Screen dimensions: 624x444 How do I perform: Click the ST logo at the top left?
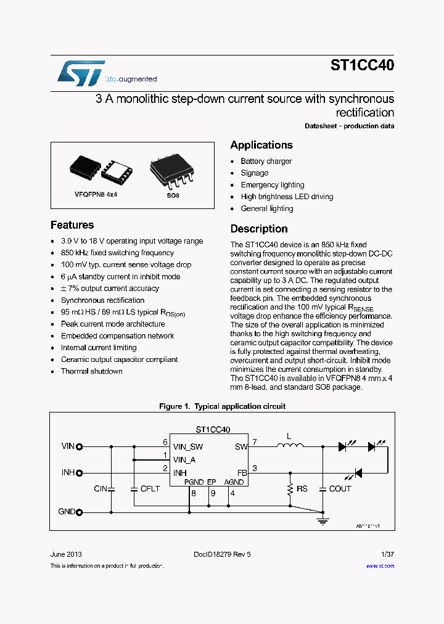point(81,73)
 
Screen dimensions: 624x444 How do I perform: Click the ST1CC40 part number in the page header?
point(362,65)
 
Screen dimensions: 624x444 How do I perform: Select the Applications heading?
point(261,145)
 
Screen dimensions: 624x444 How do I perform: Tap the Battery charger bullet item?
point(266,161)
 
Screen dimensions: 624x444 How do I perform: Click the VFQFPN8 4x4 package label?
point(96,194)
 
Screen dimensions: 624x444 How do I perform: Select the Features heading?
point(72,225)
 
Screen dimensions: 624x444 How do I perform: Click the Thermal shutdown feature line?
point(91,371)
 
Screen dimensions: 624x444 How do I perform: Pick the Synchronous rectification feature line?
point(102,300)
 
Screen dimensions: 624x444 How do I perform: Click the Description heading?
point(259,229)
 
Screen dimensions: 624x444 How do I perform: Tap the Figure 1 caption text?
point(222,406)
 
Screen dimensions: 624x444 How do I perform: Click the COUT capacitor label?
point(340,489)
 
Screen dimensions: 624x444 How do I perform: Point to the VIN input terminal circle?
point(79,446)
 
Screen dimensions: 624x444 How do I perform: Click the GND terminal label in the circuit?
point(67,512)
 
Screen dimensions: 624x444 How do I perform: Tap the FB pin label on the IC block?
point(241,472)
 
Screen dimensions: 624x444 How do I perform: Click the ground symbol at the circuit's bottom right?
point(322,521)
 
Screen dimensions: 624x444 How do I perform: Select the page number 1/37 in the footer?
point(388,554)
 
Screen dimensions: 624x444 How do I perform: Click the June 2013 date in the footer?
point(66,554)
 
